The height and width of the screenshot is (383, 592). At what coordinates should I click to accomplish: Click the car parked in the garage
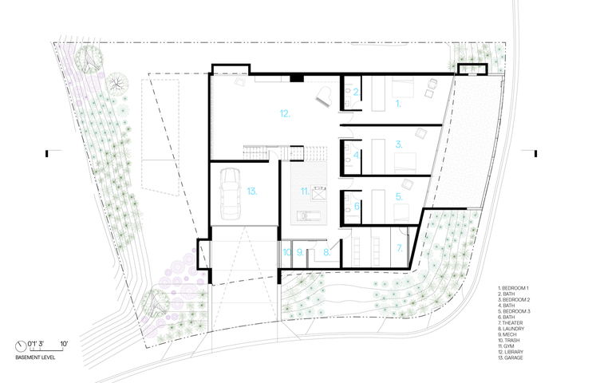point(230,193)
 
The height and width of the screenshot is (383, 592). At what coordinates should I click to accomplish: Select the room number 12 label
point(285,113)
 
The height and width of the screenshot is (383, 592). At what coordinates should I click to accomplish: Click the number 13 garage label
point(252,191)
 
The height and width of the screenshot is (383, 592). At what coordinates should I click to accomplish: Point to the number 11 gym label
point(305,191)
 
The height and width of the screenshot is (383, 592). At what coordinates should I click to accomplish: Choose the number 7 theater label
point(400,248)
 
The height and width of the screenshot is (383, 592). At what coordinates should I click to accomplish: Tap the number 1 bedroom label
point(398,103)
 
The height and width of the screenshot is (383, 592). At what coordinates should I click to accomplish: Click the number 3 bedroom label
point(399,144)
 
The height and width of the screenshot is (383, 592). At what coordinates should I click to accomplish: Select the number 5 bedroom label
point(399,197)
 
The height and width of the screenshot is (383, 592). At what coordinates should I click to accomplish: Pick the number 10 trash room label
point(287,252)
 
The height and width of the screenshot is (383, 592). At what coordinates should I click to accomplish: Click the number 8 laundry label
point(327,253)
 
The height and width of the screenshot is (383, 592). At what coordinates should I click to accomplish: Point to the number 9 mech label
point(300,252)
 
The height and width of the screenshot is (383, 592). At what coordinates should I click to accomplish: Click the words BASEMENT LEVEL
point(35,357)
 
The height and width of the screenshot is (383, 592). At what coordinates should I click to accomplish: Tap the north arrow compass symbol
point(21,345)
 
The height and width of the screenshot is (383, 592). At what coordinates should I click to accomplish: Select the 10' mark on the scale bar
point(64,344)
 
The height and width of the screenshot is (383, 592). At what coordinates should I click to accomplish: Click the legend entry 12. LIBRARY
point(511,352)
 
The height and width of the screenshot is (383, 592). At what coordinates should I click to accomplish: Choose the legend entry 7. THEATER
point(511,323)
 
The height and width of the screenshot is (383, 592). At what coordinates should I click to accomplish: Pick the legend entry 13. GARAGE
point(511,357)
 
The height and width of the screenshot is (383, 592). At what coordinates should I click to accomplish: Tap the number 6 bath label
point(357,207)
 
